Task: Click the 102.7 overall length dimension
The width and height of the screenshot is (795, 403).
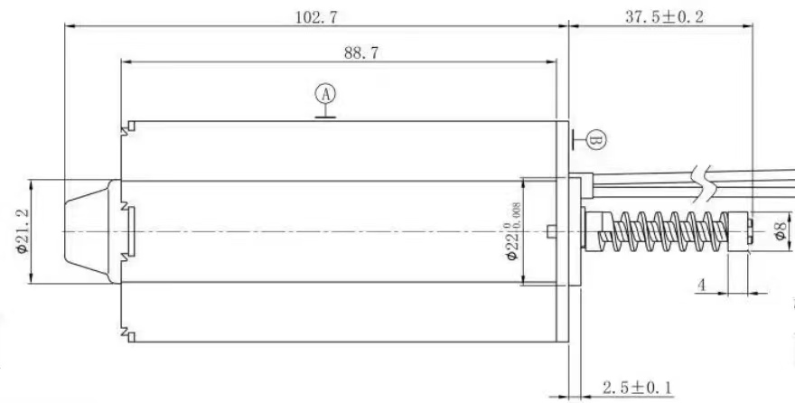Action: coord(316,17)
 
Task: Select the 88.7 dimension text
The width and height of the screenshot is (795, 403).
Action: coord(361,52)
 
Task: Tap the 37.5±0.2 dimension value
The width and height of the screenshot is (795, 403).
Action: coord(664,17)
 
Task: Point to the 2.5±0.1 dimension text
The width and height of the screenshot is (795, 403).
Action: coord(637,389)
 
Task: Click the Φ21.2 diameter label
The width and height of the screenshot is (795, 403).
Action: coord(22,230)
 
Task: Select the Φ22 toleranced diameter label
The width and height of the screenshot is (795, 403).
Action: coord(512,231)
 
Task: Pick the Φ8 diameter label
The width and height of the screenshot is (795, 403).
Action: coord(781,230)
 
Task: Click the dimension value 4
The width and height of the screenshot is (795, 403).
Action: coord(701,286)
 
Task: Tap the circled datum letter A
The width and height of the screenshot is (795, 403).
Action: coord(325,94)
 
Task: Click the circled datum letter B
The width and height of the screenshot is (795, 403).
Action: coord(596,140)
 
